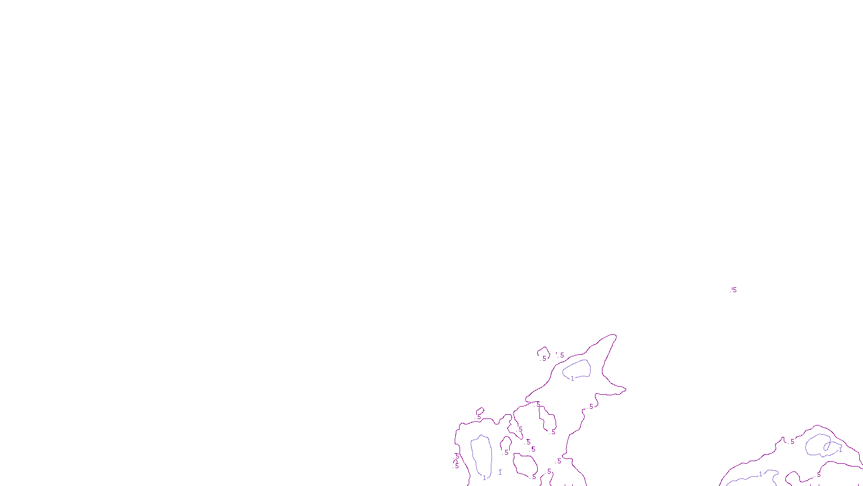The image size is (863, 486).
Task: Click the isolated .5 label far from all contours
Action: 734,290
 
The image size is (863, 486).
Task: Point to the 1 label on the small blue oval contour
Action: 572,379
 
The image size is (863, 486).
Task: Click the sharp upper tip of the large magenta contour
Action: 614,335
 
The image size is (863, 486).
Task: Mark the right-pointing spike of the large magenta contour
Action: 624,388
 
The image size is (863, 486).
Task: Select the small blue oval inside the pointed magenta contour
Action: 577,369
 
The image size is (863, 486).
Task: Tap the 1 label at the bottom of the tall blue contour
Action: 484,478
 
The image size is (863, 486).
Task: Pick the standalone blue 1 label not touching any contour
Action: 500,473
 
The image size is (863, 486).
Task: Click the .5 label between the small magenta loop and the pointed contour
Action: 561,355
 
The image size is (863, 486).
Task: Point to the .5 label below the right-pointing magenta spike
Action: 591,407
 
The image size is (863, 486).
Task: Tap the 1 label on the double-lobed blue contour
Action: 840,450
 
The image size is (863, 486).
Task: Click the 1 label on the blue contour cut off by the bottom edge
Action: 761,474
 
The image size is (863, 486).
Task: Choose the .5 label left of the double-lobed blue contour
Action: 791,442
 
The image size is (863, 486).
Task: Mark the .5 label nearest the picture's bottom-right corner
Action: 818,475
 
